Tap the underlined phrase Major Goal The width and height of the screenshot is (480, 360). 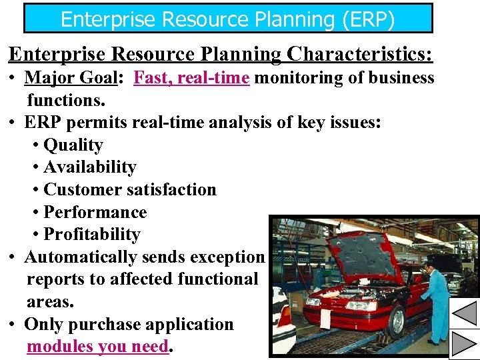pos(71,78)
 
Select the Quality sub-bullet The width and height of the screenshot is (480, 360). pos(73,145)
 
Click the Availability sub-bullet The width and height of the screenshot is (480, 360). pos(89,167)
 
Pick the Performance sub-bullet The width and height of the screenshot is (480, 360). pos(95,212)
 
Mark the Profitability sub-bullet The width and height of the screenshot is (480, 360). pos(91,235)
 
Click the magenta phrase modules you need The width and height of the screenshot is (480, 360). pos(97,347)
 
